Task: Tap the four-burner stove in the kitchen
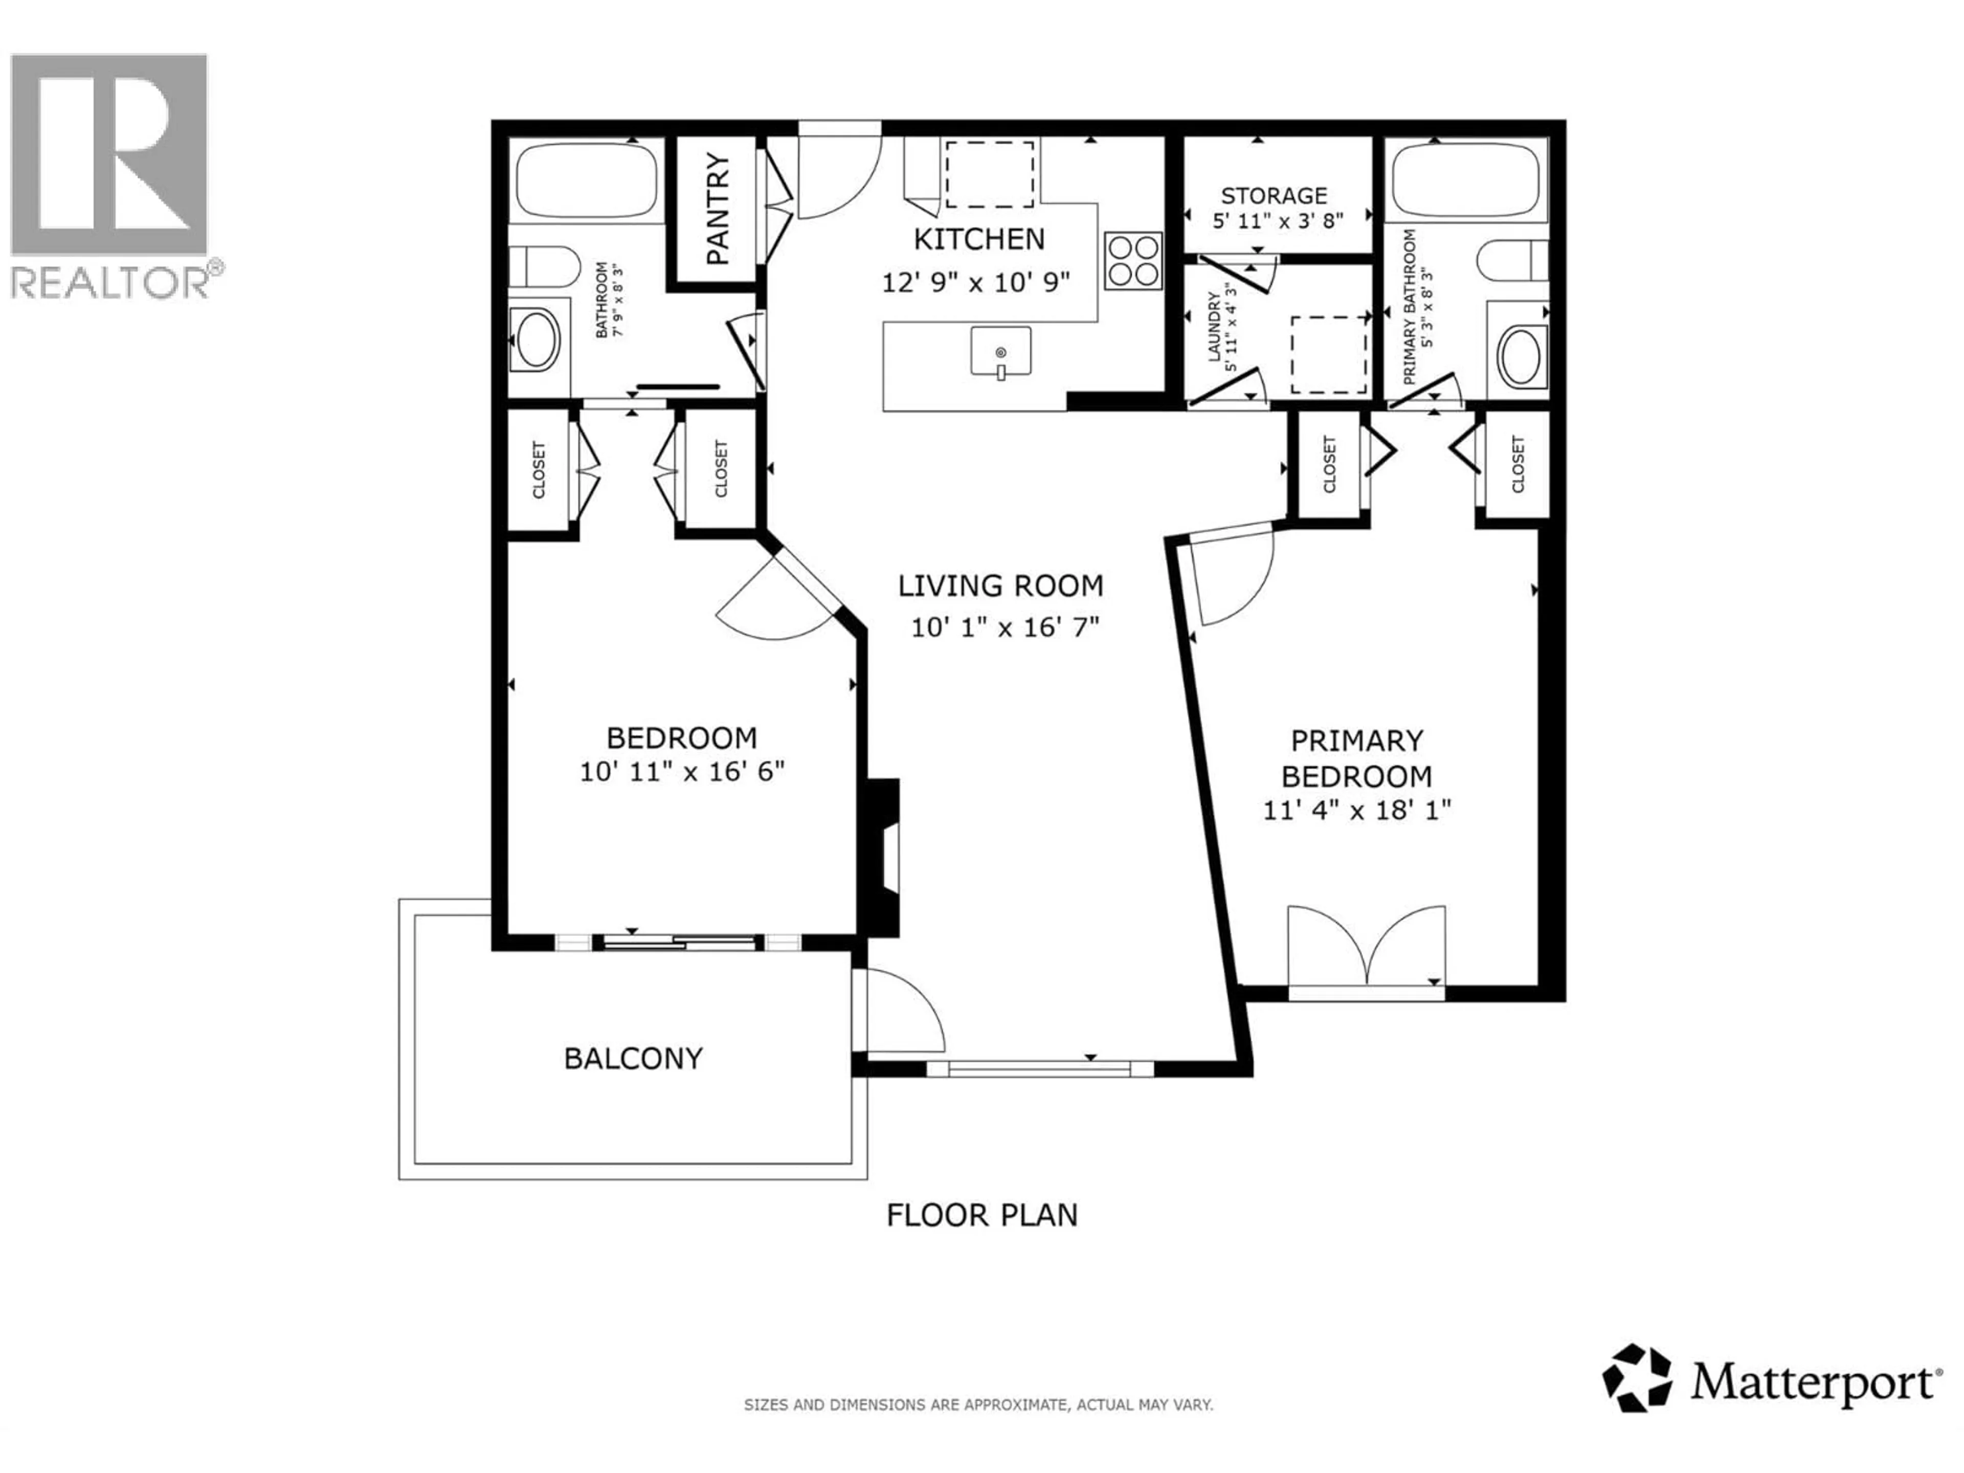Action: pyautogui.click(x=1133, y=261)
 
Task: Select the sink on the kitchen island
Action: pyautogui.click(x=1000, y=352)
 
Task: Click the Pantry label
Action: pyautogui.click(x=718, y=210)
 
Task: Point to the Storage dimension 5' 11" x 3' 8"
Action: pyautogui.click(x=1278, y=220)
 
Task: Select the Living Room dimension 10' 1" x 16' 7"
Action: pyautogui.click(x=1004, y=628)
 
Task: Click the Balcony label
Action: pyautogui.click(x=633, y=1058)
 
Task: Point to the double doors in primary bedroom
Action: pyautogui.click(x=1367, y=947)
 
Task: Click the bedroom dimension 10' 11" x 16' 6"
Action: pyautogui.click(x=682, y=771)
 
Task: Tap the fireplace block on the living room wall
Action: pyautogui.click(x=883, y=858)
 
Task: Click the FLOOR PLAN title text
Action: pyautogui.click(x=982, y=1215)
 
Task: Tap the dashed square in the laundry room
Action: pyautogui.click(x=1328, y=355)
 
